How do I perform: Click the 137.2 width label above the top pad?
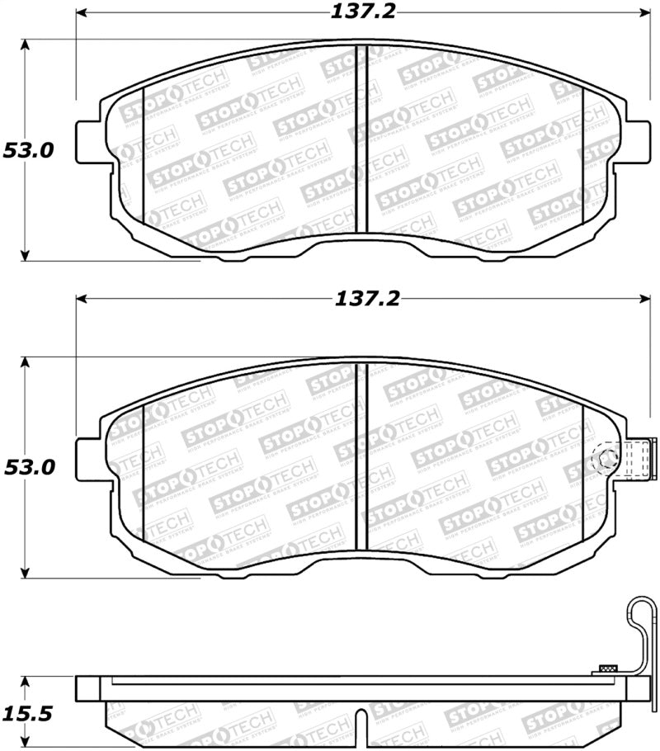pyautogui.click(x=364, y=12)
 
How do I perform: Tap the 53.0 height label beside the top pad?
pyautogui.click(x=28, y=151)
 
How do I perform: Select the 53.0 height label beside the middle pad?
pyautogui.click(x=28, y=467)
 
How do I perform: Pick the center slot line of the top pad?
pyautogui.click(x=356, y=140)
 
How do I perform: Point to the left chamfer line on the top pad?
pyautogui.click(x=144, y=157)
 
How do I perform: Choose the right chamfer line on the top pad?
pyautogui.click(x=583, y=157)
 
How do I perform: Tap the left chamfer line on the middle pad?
pyautogui.click(x=144, y=475)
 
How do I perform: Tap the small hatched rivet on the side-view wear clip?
pyautogui.click(x=609, y=668)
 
